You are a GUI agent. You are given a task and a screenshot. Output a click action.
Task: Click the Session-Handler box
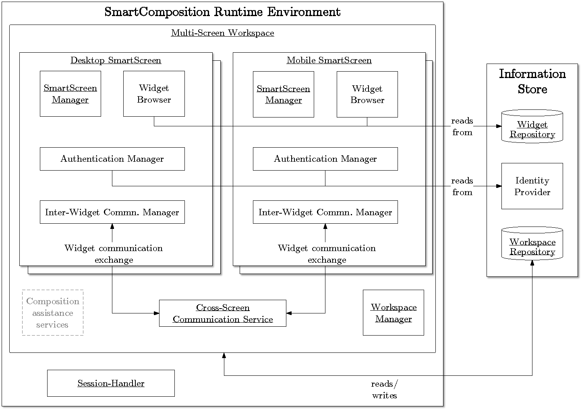point(111,383)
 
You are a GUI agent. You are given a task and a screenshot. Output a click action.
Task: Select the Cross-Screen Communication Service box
point(223,313)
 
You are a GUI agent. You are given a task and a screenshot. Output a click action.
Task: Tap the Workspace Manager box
point(393,313)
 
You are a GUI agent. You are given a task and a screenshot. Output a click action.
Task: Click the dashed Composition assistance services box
point(52,313)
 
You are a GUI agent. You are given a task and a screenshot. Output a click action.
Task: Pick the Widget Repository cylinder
point(532,126)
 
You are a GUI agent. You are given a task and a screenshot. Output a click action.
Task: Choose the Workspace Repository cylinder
point(532,244)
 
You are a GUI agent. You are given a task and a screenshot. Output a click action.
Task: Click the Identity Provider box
point(532,186)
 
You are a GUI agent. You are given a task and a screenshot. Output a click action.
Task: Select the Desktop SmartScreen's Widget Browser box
point(154,94)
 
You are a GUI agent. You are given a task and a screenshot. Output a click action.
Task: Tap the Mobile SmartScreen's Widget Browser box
point(367,94)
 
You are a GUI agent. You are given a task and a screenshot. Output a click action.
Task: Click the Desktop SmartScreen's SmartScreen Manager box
point(70,94)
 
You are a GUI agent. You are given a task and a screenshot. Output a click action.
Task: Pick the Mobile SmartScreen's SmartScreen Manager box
point(283,94)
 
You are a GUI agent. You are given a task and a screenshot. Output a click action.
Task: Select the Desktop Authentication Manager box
point(112,159)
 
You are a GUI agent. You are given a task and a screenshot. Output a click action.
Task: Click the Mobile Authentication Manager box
point(325,159)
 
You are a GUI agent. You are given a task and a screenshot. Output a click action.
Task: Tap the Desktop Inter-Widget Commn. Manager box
point(112,212)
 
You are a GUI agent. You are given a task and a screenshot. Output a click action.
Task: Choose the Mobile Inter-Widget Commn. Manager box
point(325,212)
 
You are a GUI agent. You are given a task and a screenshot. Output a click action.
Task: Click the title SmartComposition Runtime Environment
point(222,12)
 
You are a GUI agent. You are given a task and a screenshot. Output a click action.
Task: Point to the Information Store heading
point(532,81)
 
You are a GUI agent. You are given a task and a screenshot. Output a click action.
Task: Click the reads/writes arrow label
point(385,389)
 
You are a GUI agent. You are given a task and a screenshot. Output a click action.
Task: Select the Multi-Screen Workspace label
point(222,33)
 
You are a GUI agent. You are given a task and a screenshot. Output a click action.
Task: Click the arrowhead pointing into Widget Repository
point(499,126)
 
